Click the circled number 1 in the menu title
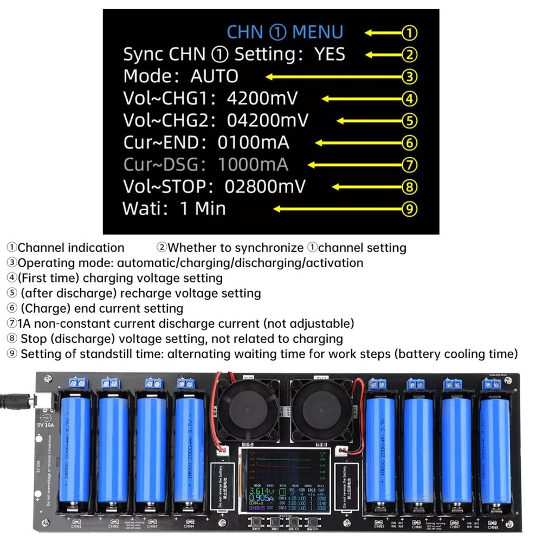tap(277, 32)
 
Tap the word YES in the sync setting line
tap(329, 54)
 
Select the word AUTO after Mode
tap(214, 76)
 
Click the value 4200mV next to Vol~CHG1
tap(262, 99)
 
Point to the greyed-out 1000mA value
tap(253, 164)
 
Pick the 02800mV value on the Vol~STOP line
tap(265, 186)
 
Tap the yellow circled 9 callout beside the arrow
tap(409, 209)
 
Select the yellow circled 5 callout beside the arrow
tap(409, 121)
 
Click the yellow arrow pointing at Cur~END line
tap(358, 143)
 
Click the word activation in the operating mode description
tap(333, 263)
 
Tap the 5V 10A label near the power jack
tap(46, 425)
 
